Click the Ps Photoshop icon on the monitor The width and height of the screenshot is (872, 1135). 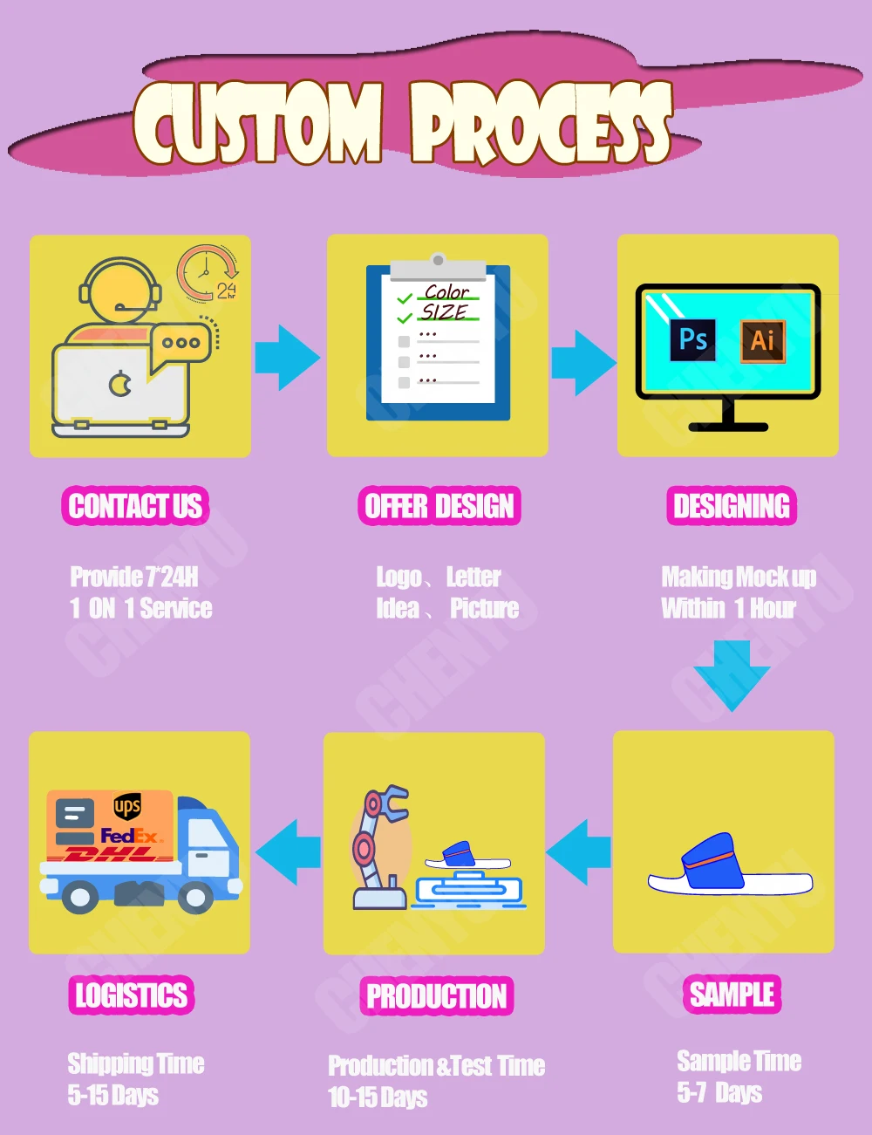pos(693,339)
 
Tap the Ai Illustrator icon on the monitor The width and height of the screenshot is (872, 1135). pos(763,340)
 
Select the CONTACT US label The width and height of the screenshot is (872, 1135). pos(135,506)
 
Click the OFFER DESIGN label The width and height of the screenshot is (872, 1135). pos(439,506)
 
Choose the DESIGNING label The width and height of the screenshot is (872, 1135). pos(732,506)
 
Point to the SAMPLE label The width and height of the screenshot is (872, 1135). pos(732,994)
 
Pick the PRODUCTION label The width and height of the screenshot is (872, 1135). pos(436,995)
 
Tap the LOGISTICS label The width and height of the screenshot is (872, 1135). pos(131,995)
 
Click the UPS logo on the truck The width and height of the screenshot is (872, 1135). pos(127,807)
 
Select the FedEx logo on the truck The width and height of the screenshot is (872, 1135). pos(130,836)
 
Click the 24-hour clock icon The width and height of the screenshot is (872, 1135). pos(208,273)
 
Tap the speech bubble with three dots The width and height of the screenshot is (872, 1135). pos(181,343)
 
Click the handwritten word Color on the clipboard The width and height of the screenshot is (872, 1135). pos(446,291)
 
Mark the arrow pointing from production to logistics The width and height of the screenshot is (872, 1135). pos(288,852)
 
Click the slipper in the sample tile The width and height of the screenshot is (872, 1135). pos(728,865)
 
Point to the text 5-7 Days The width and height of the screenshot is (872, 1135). pos(719,1092)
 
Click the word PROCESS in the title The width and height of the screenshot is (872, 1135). pos(541,124)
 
